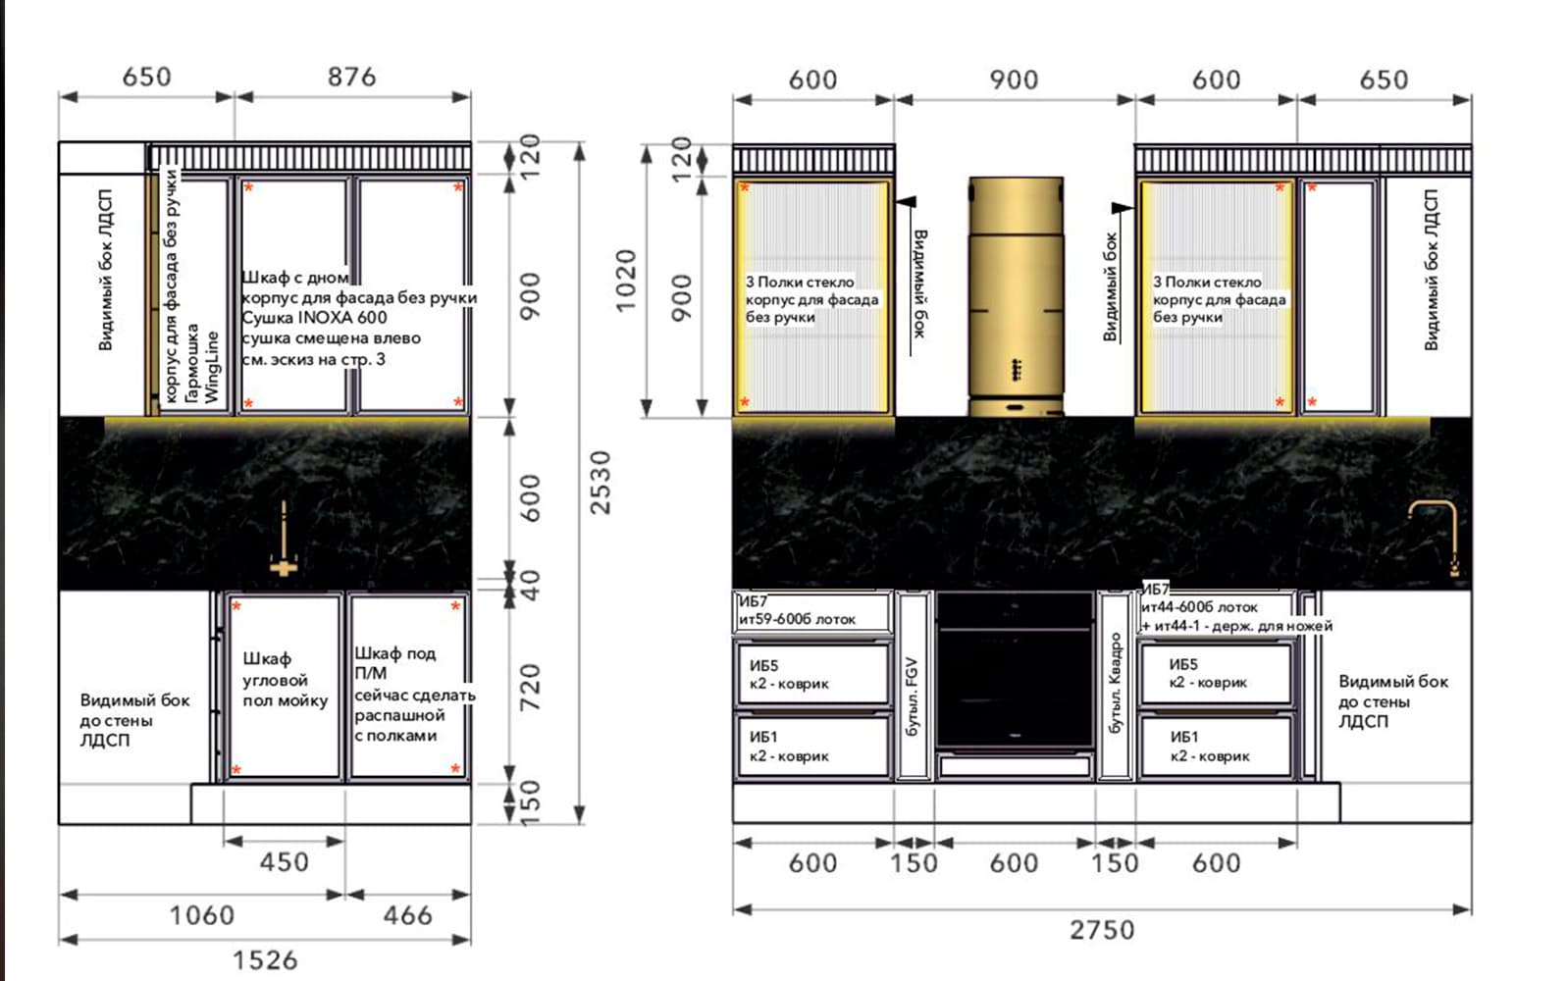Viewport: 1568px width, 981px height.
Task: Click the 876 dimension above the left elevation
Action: tap(351, 77)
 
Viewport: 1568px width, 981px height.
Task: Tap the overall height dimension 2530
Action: tap(601, 483)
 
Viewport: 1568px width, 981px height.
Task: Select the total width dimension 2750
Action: tap(1102, 930)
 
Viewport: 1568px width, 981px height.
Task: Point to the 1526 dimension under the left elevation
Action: tap(265, 960)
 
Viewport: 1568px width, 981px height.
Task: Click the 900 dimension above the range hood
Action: tap(1014, 79)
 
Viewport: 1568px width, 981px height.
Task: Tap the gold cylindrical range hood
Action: tap(1017, 296)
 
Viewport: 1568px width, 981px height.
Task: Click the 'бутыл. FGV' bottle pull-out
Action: tap(913, 686)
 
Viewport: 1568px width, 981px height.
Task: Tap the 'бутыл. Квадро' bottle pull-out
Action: tap(1115, 686)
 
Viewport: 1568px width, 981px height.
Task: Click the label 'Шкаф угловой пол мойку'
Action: tap(285, 680)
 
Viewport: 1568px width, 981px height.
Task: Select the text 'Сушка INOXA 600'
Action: tap(314, 318)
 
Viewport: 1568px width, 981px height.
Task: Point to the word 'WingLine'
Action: tap(211, 367)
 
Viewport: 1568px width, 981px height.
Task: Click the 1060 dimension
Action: tap(202, 915)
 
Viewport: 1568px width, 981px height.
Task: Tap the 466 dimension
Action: tap(407, 915)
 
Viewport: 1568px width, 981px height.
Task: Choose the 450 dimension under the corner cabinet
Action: tap(285, 862)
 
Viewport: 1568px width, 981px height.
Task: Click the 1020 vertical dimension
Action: tap(625, 281)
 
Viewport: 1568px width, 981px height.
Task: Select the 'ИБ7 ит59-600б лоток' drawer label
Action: tap(798, 610)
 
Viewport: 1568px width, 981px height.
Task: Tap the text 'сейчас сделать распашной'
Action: tap(414, 705)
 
